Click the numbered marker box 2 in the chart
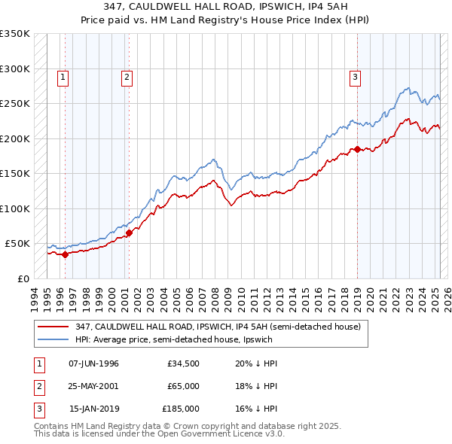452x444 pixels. (x=127, y=76)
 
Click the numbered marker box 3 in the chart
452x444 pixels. (x=355, y=76)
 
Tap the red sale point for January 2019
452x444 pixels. (x=357, y=149)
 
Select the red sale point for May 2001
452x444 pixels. (x=129, y=233)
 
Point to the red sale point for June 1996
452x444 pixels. (x=65, y=254)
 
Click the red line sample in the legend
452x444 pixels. (x=52, y=327)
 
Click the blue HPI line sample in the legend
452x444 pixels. (x=52, y=339)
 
